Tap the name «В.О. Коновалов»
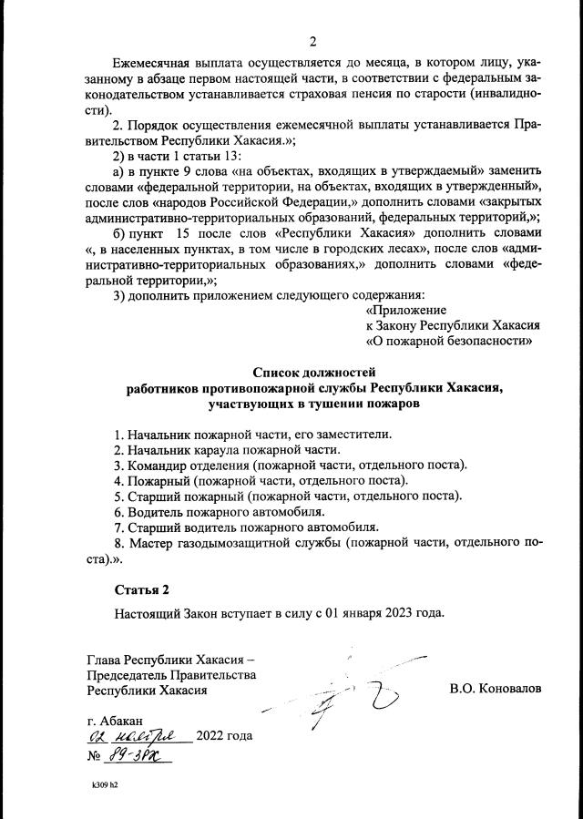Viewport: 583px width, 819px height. [495, 689]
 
